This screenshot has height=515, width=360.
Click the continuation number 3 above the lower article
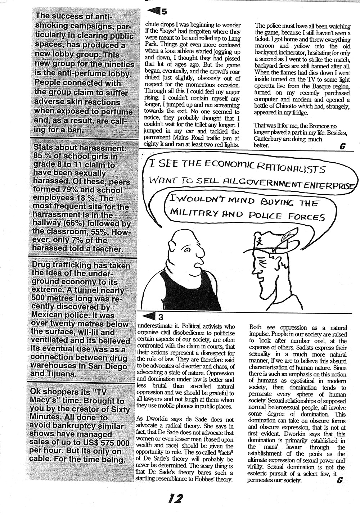click(x=161, y=317)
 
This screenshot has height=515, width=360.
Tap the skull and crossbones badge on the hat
click(x=258, y=239)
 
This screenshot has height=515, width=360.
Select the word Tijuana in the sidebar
click(x=63, y=374)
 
